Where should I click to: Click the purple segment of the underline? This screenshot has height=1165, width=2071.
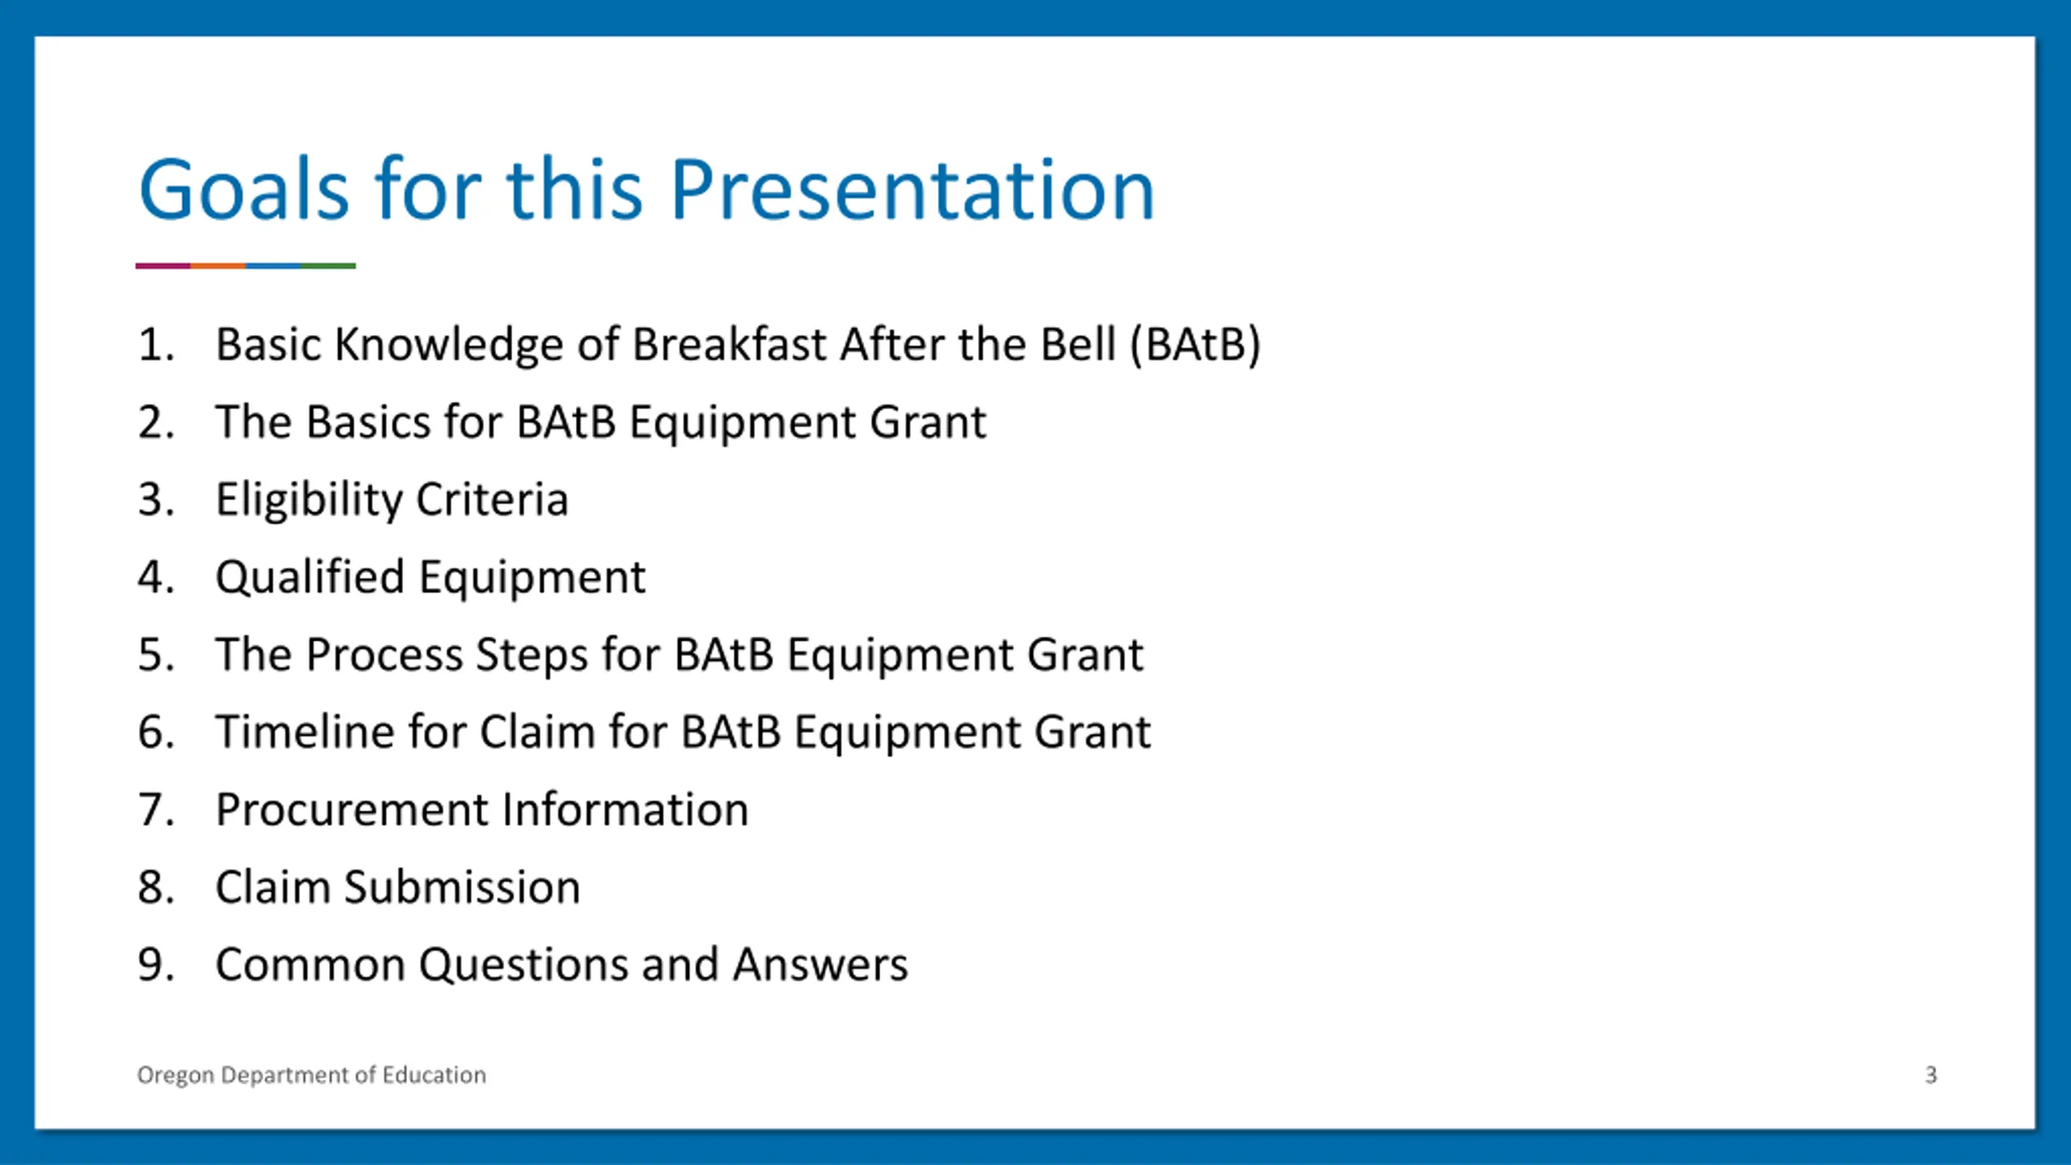(x=163, y=265)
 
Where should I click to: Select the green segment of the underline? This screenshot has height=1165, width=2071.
(x=328, y=265)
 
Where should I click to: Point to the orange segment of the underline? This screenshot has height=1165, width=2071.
(x=218, y=265)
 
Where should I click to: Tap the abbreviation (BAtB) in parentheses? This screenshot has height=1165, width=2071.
(x=1196, y=345)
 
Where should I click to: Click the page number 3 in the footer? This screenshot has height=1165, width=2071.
(x=1931, y=1075)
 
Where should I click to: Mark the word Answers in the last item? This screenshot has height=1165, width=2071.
(x=820, y=965)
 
